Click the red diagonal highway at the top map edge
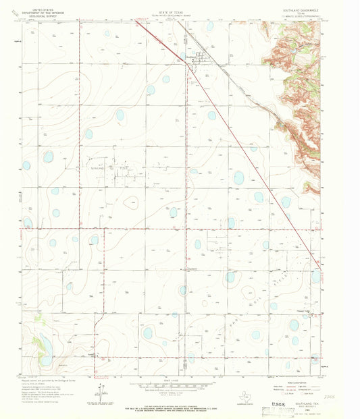(x=138, y=22)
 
